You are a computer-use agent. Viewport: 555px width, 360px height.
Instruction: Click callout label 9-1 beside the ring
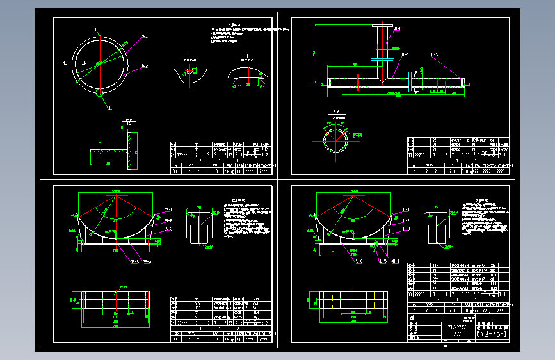click(145, 36)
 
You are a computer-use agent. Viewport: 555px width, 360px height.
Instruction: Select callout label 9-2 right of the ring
click(145, 65)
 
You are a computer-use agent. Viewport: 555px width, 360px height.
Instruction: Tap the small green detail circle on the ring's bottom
click(100, 92)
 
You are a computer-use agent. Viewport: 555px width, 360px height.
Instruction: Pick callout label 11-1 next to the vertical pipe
click(398, 29)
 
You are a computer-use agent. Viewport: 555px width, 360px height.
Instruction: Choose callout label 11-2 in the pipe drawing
click(405, 56)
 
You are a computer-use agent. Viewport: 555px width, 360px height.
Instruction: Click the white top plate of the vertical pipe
click(382, 25)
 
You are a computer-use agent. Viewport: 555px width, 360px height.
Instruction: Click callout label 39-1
click(168, 209)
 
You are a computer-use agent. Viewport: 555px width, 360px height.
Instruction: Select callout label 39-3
click(168, 229)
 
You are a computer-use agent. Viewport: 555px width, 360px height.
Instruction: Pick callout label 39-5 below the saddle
click(134, 261)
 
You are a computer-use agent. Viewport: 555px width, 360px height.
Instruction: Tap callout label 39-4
click(147, 261)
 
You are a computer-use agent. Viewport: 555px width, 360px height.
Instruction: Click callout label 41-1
click(405, 209)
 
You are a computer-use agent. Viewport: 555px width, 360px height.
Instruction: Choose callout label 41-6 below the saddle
click(357, 261)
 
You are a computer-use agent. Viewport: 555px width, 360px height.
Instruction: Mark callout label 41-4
click(395, 261)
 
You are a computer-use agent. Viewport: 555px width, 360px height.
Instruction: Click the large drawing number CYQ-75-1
click(492, 334)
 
